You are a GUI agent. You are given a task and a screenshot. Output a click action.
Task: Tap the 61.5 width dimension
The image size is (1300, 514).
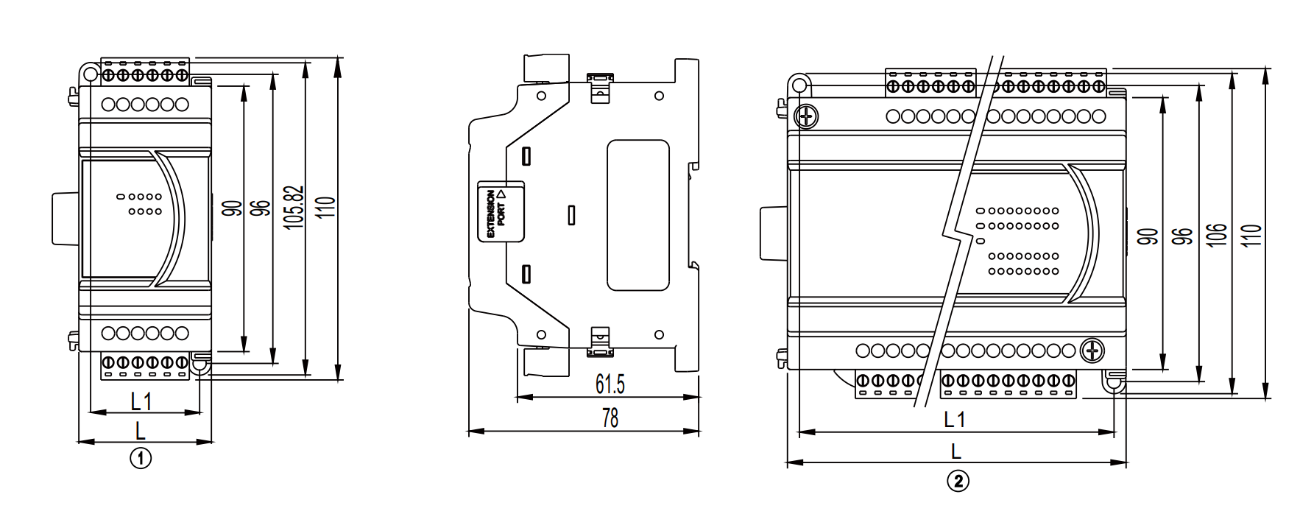pyautogui.click(x=610, y=384)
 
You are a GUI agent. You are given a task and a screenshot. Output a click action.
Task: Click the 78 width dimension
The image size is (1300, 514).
pyautogui.click(x=610, y=418)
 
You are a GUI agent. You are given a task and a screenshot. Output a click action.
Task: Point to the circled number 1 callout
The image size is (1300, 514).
pyautogui.click(x=141, y=458)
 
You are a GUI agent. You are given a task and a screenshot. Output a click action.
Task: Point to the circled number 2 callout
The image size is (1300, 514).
pyautogui.click(x=957, y=482)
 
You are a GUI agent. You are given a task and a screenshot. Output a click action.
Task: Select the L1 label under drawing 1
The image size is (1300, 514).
pyautogui.click(x=141, y=402)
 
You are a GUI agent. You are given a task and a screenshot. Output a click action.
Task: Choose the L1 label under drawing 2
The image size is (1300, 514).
pyautogui.click(x=955, y=420)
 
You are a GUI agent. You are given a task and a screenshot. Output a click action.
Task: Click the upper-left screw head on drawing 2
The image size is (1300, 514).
pyautogui.click(x=807, y=116)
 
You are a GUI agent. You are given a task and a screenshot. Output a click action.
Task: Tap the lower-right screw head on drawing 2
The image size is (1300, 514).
pyautogui.click(x=1093, y=351)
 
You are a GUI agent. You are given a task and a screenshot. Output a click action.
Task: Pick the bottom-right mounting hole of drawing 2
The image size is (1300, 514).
pyautogui.click(x=1114, y=383)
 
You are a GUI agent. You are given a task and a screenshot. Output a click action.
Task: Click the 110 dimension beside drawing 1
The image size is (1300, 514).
pyautogui.click(x=328, y=207)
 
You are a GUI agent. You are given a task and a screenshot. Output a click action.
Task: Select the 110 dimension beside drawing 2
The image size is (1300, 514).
pyautogui.click(x=1253, y=235)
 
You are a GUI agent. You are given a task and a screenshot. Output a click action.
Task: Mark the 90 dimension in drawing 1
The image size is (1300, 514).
pyautogui.click(x=233, y=208)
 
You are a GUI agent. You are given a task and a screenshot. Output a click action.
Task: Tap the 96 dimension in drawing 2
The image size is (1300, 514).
pyautogui.click(x=1182, y=236)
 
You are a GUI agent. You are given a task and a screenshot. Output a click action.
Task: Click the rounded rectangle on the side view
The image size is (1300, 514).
pyautogui.click(x=637, y=215)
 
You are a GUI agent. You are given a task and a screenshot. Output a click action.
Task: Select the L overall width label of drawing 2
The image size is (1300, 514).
pyautogui.click(x=956, y=451)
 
